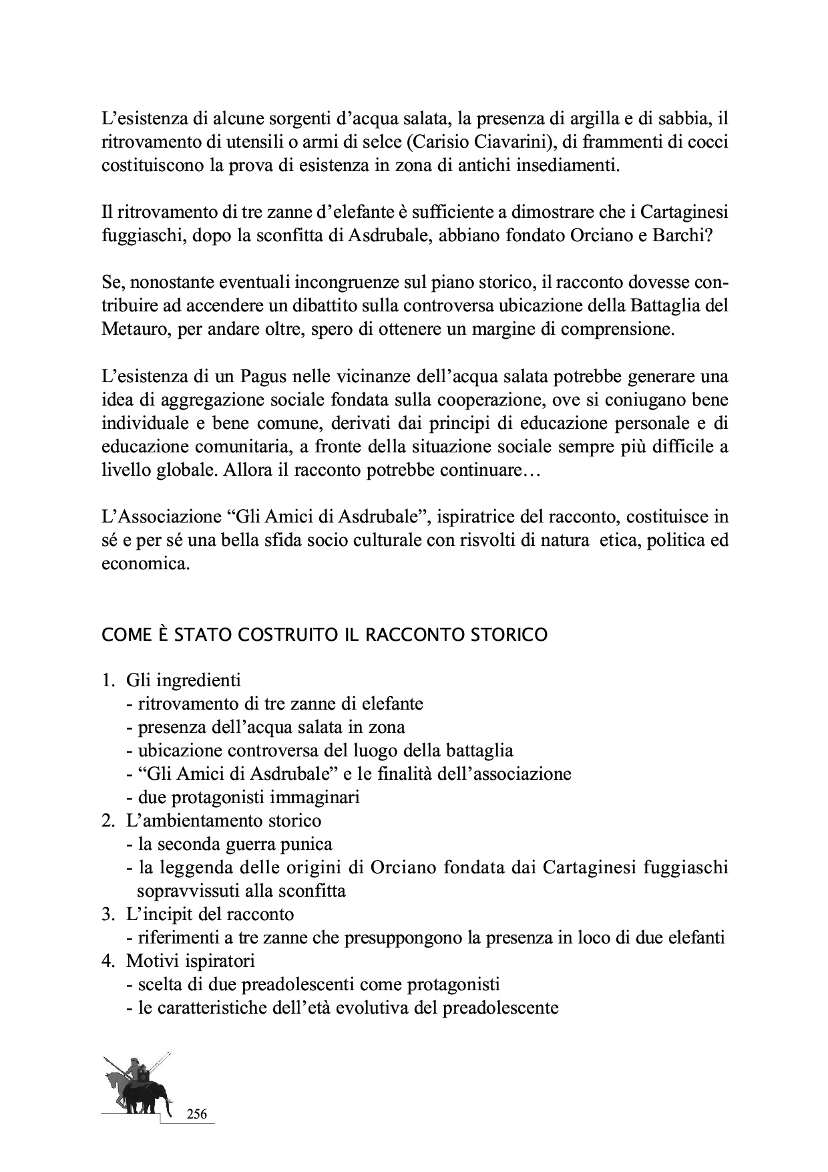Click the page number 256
tap(197, 1114)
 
